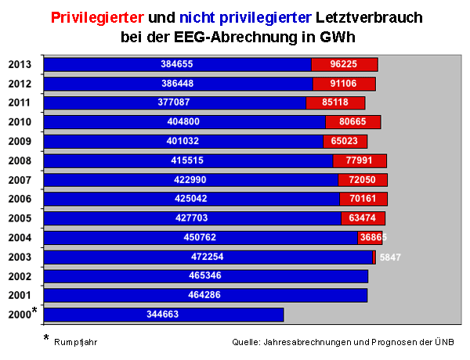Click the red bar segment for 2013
345,64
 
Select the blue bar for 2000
163,315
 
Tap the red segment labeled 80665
352,122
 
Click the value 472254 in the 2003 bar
208,257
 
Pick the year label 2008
20,161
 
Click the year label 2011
20,103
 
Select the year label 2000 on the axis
20,315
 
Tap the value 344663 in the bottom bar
163,315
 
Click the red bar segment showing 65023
345,142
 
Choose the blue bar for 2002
205,276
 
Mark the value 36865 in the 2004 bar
373,237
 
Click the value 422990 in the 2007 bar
191,180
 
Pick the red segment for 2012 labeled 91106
344,84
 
